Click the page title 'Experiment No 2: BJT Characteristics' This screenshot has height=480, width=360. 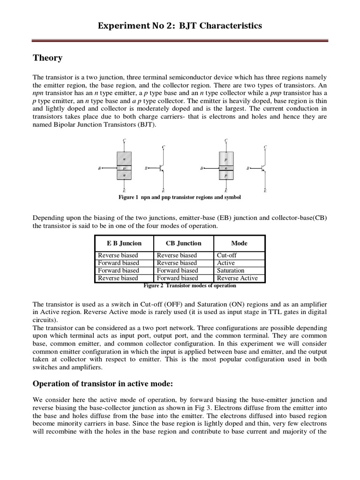(x=180, y=26)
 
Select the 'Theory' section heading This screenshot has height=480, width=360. (x=47, y=58)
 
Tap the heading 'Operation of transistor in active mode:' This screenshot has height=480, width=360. (x=103, y=384)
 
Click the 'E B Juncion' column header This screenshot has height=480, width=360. (x=124, y=243)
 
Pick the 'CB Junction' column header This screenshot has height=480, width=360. (x=184, y=243)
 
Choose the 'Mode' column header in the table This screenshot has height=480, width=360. (x=239, y=243)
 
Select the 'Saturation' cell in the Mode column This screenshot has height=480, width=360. (x=230, y=270)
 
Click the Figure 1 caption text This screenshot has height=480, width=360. (x=180, y=198)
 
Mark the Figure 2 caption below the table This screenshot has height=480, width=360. (x=189, y=285)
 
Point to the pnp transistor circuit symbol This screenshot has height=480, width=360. (x=261, y=168)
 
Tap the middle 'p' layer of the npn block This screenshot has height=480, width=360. (x=124, y=167)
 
